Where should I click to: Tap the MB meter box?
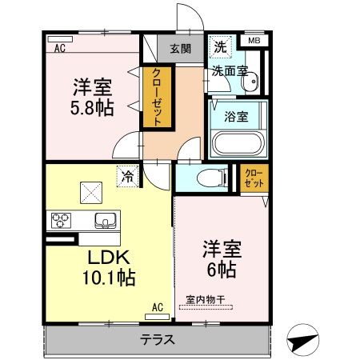254,41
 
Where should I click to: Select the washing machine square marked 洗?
219,47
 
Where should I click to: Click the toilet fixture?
210,178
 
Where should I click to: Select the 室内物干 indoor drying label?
206,300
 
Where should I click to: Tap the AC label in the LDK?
157,306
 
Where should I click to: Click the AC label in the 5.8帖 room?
60,49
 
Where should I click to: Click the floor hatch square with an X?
90,191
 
